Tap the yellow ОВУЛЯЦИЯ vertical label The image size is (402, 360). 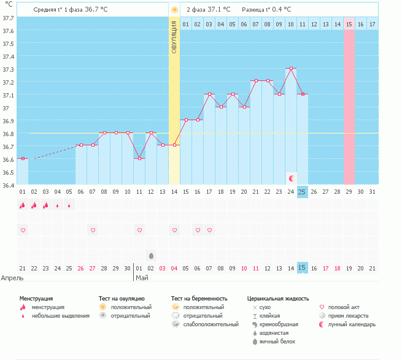pos(174,37)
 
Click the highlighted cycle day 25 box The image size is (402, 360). pos(302,192)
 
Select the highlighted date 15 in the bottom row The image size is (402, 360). pos(302,268)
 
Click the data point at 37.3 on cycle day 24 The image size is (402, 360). pos(291,69)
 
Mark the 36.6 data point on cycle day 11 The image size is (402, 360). pos(139,158)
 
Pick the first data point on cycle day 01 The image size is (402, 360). pos(23,158)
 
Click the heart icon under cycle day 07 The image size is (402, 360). pos(93,230)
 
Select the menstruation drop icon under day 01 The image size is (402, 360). pos(23,205)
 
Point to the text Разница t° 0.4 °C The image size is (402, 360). pos(266,10)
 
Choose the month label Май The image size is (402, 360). pos(142,278)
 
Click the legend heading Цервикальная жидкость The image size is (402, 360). pos(278,298)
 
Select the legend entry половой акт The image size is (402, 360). pos(346,307)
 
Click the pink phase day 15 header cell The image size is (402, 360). pos(349,24)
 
